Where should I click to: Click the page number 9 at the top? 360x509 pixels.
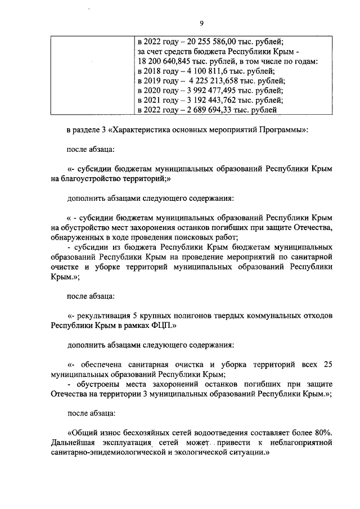201,23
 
